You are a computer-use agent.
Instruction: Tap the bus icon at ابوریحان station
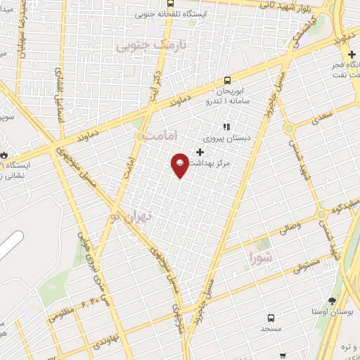pyautogui.click(x=226, y=81)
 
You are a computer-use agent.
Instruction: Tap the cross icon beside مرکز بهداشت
pyautogui.click(x=200, y=152)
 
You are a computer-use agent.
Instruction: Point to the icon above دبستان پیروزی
pyautogui.click(x=226, y=128)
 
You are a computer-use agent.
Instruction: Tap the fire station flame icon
pyautogui.click(x=4, y=155)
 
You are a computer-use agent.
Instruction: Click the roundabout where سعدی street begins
pyautogui.click(x=288, y=129)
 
